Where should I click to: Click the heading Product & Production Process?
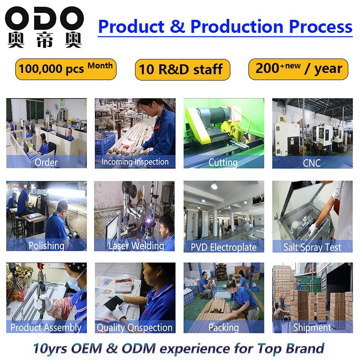pos(225,27)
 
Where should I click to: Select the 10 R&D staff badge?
pos(182,70)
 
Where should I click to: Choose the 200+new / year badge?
pos(298,69)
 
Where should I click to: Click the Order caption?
pos(46,162)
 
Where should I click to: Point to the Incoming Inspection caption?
pos(135,162)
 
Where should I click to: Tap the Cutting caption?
pos(223,162)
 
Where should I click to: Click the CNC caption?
pos(312,162)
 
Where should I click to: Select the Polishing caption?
pos(46,246)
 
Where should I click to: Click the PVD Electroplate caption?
pos(224,247)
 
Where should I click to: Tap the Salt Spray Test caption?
pos(312,247)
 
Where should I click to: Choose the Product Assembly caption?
pos(46,328)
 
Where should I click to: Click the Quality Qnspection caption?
pos(135,328)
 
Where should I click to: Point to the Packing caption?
pos(224,328)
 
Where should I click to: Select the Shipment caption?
pos(312,328)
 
